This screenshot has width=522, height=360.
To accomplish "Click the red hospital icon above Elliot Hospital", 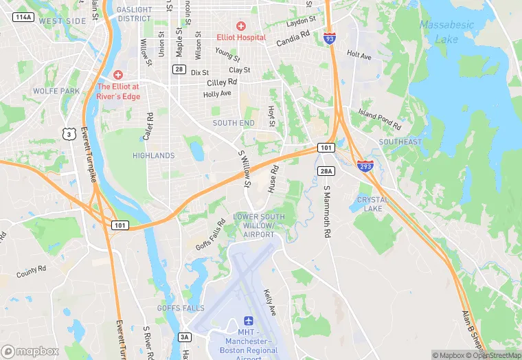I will pyautogui.click(x=241, y=25).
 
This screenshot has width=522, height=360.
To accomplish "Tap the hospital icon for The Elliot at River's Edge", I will pyautogui.click(x=117, y=74).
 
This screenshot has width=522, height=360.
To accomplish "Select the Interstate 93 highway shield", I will pyautogui.click(x=330, y=38).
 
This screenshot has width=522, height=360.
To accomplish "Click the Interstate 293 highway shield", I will pyautogui.click(x=365, y=166).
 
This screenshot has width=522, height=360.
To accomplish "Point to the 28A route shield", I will pyautogui.click(x=326, y=170).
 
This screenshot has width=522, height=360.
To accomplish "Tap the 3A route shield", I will pyautogui.click(x=184, y=337).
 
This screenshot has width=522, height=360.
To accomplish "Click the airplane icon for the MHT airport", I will pyautogui.click(x=248, y=322).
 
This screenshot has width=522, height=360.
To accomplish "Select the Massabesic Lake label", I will pyautogui.click(x=446, y=32).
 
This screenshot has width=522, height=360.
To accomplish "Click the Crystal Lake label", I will pyautogui.click(x=373, y=204).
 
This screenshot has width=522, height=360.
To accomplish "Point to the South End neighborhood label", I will pyautogui.click(x=234, y=123).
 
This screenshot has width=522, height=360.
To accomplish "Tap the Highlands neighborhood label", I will pyautogui.click(x=153, y=156).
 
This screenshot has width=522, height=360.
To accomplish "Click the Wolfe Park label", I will pyautogui.click(x=56, y=91).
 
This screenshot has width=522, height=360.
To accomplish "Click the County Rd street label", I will pyautogui.click(x=32, y=271).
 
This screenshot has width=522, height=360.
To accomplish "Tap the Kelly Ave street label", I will pyautogui.click(x=270, y=302).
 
